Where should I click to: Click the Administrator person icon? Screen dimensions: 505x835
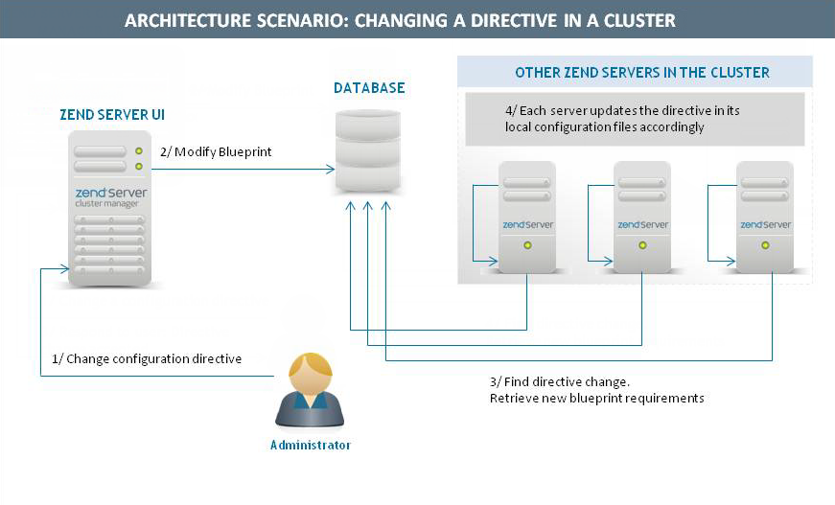[311, 393]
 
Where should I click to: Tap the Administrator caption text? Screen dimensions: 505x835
[311, 446]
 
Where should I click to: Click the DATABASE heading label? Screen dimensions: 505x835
[369, 88]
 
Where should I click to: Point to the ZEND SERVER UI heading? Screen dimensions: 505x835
[111, 114]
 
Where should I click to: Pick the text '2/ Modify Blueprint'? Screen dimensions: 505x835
[216, 152]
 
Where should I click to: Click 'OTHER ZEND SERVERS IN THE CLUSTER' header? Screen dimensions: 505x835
[642, 73]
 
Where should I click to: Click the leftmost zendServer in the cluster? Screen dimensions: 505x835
[526, 216]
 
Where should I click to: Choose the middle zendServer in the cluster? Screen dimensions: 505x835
[641, 216]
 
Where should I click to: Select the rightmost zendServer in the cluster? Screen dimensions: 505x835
[764, 216]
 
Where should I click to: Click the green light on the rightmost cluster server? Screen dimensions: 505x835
[765, 245]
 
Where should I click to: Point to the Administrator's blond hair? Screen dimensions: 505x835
[312, 365]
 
